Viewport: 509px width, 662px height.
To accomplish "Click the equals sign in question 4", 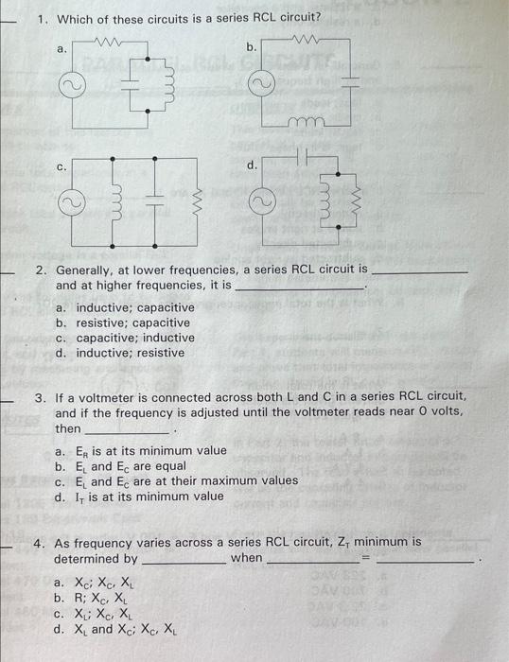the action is click(363, 558).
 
